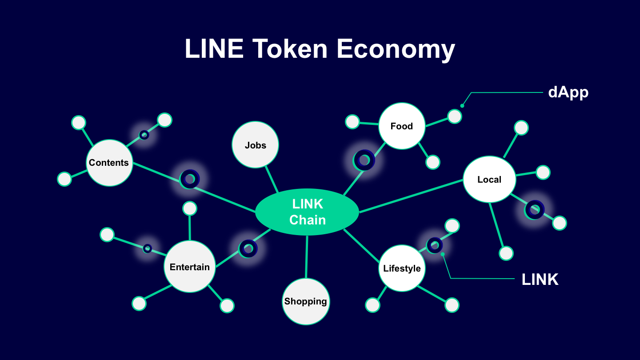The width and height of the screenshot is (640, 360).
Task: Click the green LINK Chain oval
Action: [307, 212]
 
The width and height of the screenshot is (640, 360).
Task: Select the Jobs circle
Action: [256, 145]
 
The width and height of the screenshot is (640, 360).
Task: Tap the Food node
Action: [402, 126]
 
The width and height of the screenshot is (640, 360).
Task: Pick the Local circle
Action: [489, 180]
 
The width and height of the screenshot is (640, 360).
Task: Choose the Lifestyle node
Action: [402, 268]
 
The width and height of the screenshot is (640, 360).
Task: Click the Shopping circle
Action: [306, 301]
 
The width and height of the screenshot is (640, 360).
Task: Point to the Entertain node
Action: [190, 267]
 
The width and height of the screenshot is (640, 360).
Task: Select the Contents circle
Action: [109, 163]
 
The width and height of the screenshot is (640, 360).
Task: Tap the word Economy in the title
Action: [396, 48]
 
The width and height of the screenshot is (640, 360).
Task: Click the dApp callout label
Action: [568, 92]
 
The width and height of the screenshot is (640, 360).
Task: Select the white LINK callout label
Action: [540, 280]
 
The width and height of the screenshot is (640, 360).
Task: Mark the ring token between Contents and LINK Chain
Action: [190, 179]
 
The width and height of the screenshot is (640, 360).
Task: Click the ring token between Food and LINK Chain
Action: [364, 160]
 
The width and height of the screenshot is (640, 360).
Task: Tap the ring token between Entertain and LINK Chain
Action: [248, 248]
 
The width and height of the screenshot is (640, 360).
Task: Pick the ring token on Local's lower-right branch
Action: [534, 209]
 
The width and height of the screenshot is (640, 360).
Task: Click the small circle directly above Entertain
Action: [190, 208]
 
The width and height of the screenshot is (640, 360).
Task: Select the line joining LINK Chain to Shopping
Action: [307, 257]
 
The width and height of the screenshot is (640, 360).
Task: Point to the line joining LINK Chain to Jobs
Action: [272, 180]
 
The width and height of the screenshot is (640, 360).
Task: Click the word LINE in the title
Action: [214, 48]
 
